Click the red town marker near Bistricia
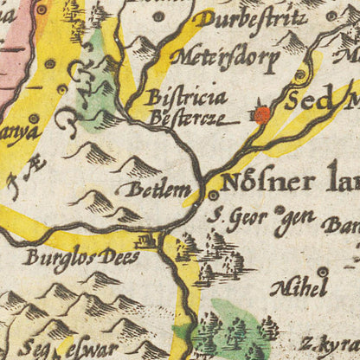[261, 114]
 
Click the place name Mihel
[299, 287]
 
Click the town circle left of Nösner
[213, 196]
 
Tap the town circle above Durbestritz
[157, 15]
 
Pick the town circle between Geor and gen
[279, 209]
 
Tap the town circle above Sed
[300, 75]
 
